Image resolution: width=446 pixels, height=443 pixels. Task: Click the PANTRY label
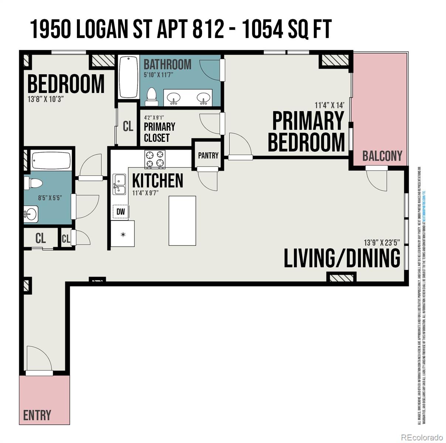pyautogui.click(x=208, y=155)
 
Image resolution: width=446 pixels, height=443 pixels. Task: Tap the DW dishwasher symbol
pyautogui.click(x=120, y=212)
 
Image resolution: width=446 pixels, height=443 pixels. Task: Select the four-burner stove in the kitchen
pyautogui.click(x=155, y=159)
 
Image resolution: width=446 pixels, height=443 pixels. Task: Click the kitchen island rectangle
pyautogui.click(x=182, y=220)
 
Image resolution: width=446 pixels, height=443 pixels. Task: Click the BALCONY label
pyautogui.click(x=382, y=156)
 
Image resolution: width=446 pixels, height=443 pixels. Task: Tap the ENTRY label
pyautogui.click(x=37, y=415)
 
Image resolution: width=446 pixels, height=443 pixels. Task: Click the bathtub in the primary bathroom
pyautogui.click(x=128, y=77)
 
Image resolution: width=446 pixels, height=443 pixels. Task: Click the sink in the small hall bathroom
pyautogui.click(x=31, y=214)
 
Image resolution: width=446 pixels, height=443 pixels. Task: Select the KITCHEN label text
pyautogui.click(x=157, y=181)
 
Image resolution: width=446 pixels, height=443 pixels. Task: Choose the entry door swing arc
pyautogui.click(x=39, y=360)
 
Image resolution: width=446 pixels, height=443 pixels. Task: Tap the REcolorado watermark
pyautogui.click(x=422, y=437)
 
